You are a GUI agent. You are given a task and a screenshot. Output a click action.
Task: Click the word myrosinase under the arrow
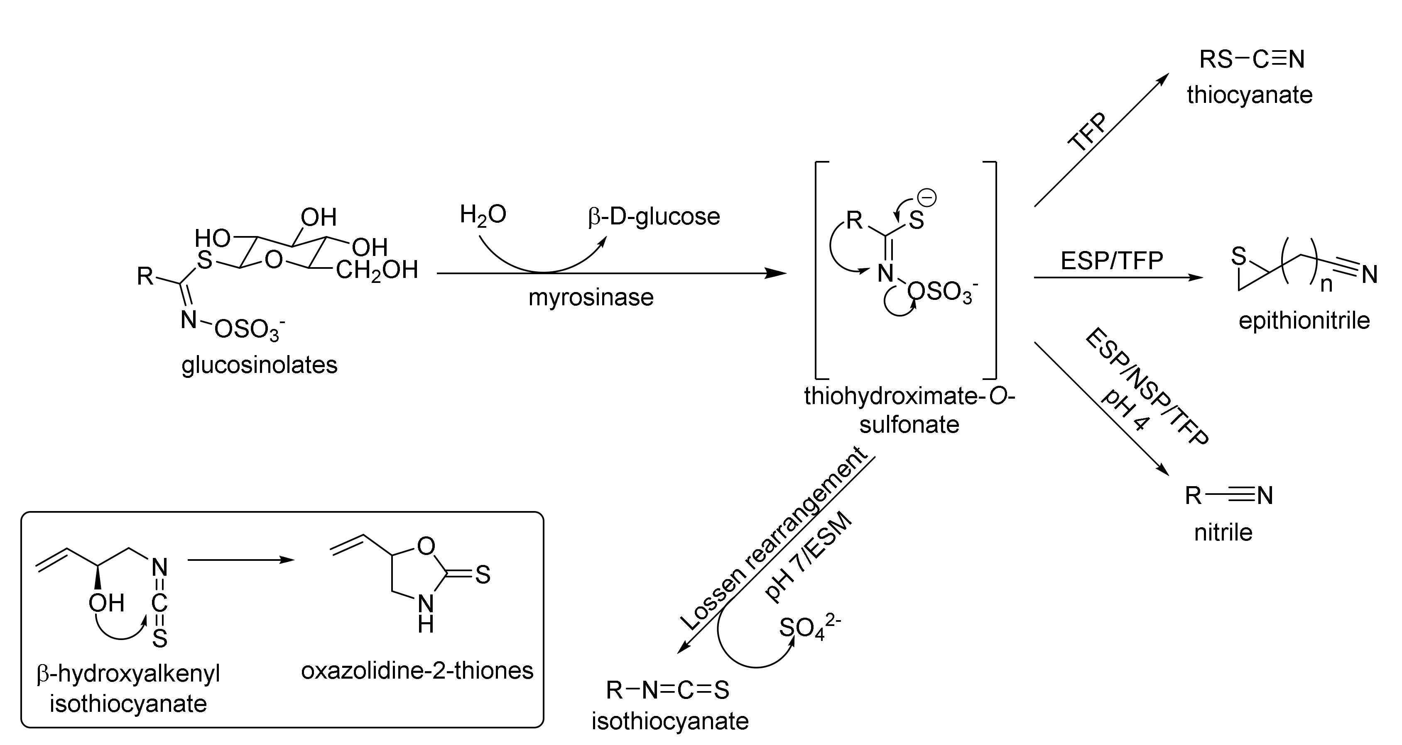pos(591,297)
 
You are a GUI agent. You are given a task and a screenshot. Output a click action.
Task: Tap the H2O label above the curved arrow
pos(483,215)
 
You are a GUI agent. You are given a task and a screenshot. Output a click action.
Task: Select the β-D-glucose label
pos(654,217)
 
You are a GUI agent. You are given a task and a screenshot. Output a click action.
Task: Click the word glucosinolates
pos(260,365)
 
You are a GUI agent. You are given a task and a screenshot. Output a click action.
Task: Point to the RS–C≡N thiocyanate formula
pos(1252,59)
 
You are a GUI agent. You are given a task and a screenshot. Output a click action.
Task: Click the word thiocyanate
pos(1250,95)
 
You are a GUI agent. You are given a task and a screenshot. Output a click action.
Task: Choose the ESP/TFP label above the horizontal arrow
pos(1111,261)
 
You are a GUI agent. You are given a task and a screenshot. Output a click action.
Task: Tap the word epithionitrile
pos(1304,320)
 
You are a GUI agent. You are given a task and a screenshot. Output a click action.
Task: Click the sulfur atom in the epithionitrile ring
pos(1238,256)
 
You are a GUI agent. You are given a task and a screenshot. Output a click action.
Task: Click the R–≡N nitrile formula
pos(1229,495)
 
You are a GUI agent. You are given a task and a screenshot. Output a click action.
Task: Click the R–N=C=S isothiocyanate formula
pos(668,690)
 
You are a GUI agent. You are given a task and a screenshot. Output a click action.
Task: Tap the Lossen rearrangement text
pos(773,539)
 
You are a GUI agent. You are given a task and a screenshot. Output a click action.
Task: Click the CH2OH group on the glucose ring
pos(377,270)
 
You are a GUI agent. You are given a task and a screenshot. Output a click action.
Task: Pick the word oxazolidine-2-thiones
pos(417,670)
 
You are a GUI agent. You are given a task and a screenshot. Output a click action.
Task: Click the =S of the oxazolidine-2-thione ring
pos(482,575)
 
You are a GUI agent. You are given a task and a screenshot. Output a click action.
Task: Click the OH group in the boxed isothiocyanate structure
pos(107,603)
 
